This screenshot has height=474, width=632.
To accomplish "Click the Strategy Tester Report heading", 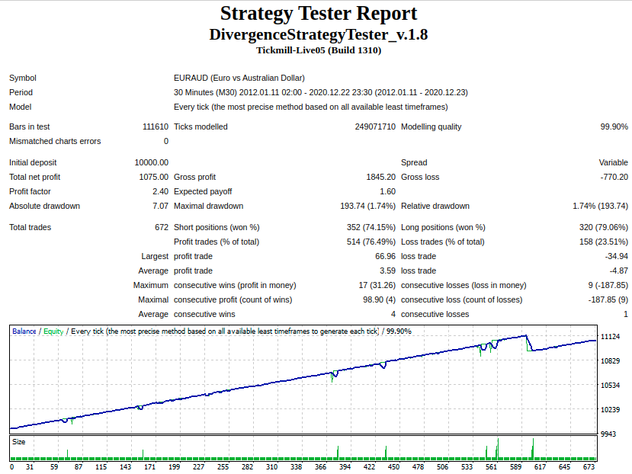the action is coord(319,13).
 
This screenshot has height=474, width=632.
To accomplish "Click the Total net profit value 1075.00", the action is coord(153,177).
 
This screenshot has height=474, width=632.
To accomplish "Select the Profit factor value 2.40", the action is coord(160,191).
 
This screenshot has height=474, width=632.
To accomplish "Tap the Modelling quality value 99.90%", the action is coord(614,127).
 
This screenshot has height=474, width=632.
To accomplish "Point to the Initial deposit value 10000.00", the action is coord(152,162).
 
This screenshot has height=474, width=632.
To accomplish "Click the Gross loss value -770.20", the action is coord(614,177).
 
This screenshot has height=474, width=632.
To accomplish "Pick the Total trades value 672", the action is coord(162,227).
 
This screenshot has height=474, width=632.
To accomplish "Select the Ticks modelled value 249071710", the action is coord(375,127).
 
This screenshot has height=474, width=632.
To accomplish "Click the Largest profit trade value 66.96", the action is coord(385,256).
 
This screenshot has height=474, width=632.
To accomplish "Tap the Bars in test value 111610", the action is coord(156,127).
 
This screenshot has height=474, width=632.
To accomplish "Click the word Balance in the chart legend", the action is coord(24,331).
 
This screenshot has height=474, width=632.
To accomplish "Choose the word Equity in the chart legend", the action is coord(53,331).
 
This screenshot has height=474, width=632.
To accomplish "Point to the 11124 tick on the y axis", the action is coord(610,337).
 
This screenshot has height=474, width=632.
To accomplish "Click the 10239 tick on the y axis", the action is coord(610,409).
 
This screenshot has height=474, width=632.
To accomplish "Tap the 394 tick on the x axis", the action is coord(345,466).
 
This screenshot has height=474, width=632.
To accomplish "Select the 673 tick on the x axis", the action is coord(589,466).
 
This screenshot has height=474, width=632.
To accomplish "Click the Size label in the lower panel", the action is coord(18,442).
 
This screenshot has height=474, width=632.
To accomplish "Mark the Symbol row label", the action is coord(23,78).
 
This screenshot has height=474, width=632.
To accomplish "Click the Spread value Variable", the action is coord(614,162).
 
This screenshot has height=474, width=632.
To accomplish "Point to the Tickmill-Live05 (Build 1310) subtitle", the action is coord(319,50).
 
